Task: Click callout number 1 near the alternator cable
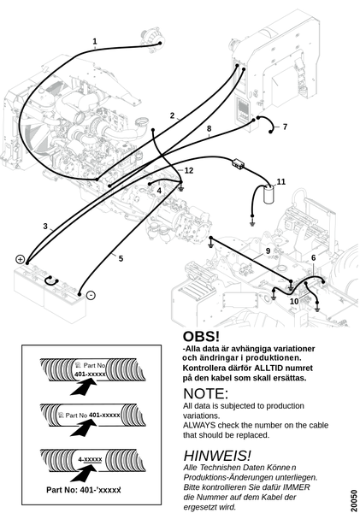(95, 42)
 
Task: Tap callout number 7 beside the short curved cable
(285, 127)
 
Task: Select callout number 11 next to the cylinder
(281, 181)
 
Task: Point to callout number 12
(189, 170)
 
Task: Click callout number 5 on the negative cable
(121, 258)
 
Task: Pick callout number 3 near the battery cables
(45, 226)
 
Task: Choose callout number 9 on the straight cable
(268, 251)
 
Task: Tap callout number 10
(294, 301)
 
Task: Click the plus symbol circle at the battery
(20, 259)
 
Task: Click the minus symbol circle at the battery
(91, 296)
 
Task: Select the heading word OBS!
(201, 337)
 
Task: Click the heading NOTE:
(205, 393)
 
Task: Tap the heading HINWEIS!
(217, 456)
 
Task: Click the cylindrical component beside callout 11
(269, 194)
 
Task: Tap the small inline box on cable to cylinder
(238, 163)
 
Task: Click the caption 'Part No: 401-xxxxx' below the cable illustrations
(84, 490)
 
